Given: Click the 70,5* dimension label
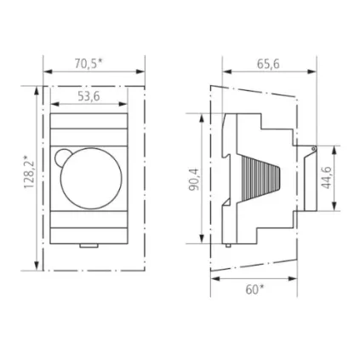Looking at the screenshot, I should [x=89, y=63].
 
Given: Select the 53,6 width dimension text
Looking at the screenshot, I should [x=89, y=96].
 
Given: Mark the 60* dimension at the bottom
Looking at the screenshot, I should [x=254, y=289].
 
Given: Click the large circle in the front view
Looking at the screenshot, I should [x=91, y=175].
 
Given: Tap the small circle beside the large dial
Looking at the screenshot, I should [x=62, y=157].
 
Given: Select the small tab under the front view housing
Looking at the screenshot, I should [x=88, y=249].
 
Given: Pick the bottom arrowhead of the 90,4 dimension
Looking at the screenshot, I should [x=203, y=241].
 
